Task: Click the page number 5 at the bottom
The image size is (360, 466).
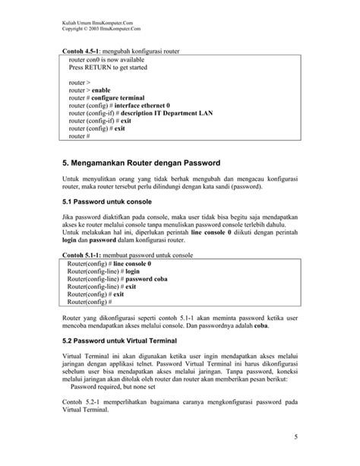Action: pos(295,436)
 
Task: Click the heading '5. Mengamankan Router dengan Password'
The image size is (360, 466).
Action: pos(141,163)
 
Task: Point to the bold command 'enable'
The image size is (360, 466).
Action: pos(101,90)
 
